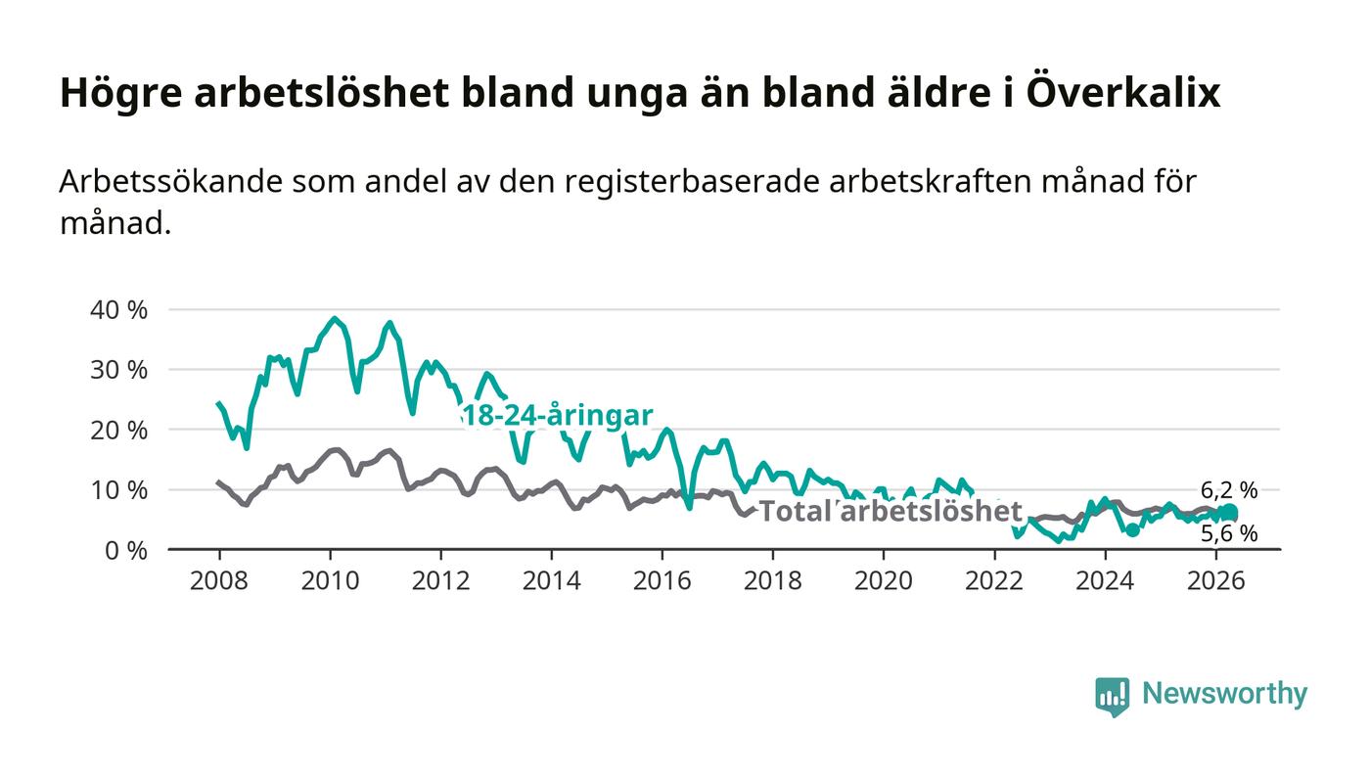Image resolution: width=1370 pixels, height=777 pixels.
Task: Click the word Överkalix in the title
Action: point(1124,92)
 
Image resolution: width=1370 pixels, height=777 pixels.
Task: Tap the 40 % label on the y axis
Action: point(118,310)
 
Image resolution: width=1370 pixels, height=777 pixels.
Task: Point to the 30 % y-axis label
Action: point(118,370)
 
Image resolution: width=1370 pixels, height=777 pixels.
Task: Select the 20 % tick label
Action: point(118,431)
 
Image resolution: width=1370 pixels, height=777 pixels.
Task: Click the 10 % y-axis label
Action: point(118,490)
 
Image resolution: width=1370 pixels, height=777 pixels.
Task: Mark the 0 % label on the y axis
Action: point(126,551)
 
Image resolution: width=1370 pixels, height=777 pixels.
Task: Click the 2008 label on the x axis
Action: point(219,580)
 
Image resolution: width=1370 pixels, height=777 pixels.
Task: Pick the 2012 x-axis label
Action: point(440,580)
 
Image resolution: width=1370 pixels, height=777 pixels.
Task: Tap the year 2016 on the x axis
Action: point(662,580)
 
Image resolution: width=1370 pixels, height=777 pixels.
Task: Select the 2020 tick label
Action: point(883,580)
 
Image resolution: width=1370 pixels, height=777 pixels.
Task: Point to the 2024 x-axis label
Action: point(1105,580)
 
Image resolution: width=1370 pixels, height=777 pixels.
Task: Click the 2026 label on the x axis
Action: point(1215,580)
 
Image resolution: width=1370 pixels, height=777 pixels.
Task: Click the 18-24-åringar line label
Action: point(557,416)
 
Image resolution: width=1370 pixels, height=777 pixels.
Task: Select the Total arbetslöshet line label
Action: point(890,511)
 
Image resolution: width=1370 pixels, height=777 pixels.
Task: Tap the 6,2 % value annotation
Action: point(1229,490)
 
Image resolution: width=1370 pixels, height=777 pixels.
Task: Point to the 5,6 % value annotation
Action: point(1229,534)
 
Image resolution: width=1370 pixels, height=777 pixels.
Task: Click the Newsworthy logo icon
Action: point(1113,696)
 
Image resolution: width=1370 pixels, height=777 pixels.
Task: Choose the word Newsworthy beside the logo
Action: point(1224,694)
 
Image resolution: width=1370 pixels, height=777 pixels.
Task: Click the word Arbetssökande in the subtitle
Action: point(170,182)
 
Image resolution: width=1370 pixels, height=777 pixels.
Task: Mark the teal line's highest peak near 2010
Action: point(334,318)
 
